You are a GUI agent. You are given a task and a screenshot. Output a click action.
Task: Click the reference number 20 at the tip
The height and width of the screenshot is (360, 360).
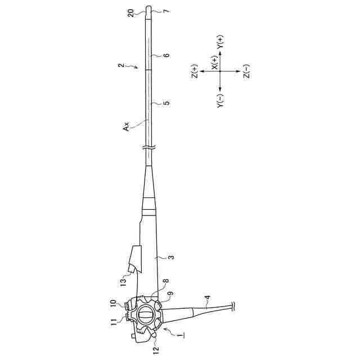pos(131,13)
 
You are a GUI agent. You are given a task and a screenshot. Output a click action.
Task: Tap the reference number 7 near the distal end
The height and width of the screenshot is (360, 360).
pos(167,11)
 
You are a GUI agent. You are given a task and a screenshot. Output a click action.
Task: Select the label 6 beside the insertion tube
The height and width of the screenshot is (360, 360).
pos(167,55)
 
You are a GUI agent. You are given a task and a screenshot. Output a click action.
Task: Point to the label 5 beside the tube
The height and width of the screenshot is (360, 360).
pos(168,102)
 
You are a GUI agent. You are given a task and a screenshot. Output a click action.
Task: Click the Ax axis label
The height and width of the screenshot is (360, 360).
pos(126,127)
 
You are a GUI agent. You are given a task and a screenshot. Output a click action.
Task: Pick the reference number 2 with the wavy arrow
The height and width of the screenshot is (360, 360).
pos(121,65)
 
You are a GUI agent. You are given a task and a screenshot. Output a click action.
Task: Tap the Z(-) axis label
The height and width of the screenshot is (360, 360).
pos(246,71)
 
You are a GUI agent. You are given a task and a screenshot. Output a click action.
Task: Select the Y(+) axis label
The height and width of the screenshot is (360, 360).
pos(220,42)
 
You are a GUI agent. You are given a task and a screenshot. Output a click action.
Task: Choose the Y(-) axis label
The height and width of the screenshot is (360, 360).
pos(220,101)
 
